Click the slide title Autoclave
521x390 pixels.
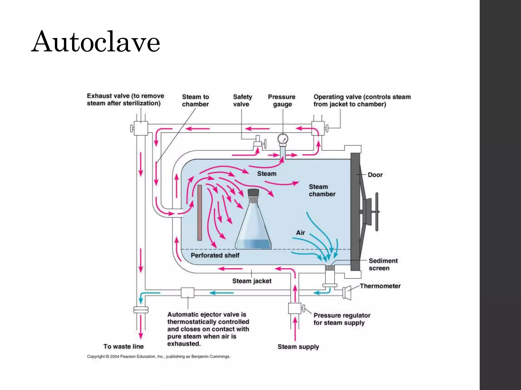pyautogui.click(x=96, y=42)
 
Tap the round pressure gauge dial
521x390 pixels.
pyautogui.click(x=283, y=139)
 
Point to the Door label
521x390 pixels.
pyautogui.click(x=375, y=175)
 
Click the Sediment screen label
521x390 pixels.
pyautogui.click(x=383, y=264)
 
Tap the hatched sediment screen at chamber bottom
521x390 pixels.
pyautogui.click(x=330, y=268)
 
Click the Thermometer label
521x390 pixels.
pyautogui.click(x=380, y=286)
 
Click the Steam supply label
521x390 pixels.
pyautogui.click(x=298, y=347)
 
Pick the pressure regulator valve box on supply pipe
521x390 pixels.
pyautogui.click(x=295, y=308)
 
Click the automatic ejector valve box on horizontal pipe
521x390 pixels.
pyautogui.click(x=187, y=292)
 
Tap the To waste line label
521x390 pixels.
pyautogui.click(x=124, y=346)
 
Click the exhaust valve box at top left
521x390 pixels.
pyautogui.click(x=141, y=128)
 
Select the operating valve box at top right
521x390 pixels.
pyautogui.click(x=318, y=128)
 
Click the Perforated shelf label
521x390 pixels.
pyautogui.click(x=215, y=255)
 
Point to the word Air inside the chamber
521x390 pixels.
pyautogui.click(x=300, y=233)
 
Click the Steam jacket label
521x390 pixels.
pyautogui.click(x=252, y=281)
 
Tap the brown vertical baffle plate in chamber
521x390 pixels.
pyautogui.click(x=200, y=213)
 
